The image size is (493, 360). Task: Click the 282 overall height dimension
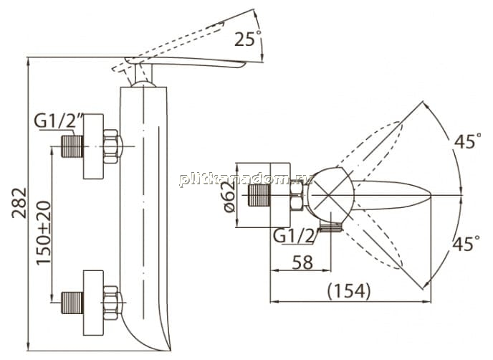click(x=19, y=203)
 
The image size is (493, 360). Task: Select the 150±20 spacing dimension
click(x=44, y=233)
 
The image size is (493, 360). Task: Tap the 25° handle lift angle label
click(x=248, y=39)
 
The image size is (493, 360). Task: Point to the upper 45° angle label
click(x=467, y=141)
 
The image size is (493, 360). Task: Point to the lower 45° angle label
click(x=466, y=243)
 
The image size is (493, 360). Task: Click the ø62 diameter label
click(x=230, y=197)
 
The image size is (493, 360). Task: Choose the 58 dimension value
click(x=303, y=262)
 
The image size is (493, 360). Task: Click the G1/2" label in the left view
click(x=59, y=121)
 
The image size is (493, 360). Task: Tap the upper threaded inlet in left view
click(x=72, y=146)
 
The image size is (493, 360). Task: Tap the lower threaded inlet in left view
click(x=72, y=303)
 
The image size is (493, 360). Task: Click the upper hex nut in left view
click(x=112, y=146)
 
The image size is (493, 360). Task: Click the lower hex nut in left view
click(x=112, y=303)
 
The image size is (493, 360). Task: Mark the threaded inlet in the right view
click(x=259, y=196)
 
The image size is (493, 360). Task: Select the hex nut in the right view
click(x=297, y=196)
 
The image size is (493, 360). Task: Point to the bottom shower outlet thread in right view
click(x=331, y=227)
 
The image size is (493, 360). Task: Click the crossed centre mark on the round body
click(x=328, y=196)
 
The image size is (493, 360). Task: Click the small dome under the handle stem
click(x=143, y=84)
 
